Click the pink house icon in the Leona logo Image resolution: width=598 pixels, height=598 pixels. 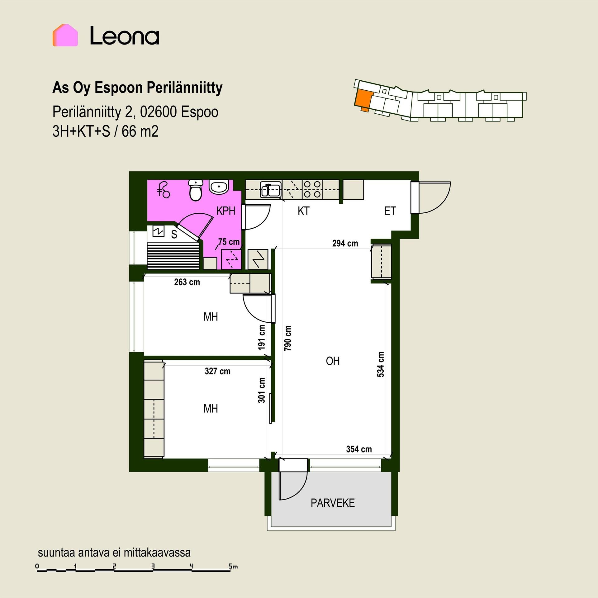tap(65, 35)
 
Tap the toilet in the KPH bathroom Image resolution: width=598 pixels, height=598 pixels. tap(196, 190)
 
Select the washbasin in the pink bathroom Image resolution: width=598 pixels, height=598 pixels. tap(219, 187)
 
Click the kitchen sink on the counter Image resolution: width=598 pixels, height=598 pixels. tap(270, 190)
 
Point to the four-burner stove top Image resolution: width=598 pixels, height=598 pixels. tap(312, 189)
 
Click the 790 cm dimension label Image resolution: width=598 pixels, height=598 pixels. tap(288, 338)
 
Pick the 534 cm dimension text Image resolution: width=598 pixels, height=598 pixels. tap(381, 364)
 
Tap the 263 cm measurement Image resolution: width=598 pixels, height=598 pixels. tap(187, 282)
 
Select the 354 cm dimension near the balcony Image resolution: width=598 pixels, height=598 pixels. tap(359, 449)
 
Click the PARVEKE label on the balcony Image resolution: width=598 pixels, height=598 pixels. tap(333, 503)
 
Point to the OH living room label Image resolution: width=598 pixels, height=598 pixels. tap(333, 361)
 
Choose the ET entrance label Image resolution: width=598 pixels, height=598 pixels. tap(390, 211)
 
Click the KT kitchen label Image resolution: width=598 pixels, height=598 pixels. tap(304, 211)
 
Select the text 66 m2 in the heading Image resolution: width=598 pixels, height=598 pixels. tap(140, 131)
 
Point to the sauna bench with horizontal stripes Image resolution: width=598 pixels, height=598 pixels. tap(173, 256)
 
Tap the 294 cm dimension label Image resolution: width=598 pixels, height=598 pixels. tap(345, 243)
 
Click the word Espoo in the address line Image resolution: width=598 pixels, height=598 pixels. tap(199, 112)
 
